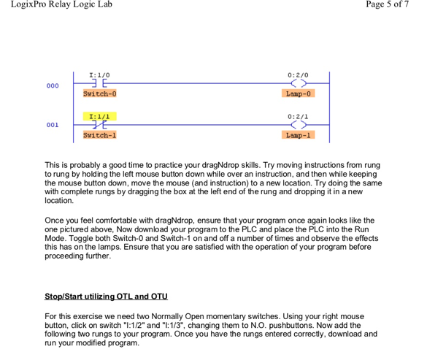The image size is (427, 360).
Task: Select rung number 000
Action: (53, 85)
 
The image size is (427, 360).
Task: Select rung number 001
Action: (53, 125)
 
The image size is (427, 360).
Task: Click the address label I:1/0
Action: (99, 74)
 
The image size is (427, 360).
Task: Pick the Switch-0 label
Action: (99, 93)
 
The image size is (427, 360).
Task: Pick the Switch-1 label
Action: (99, 135)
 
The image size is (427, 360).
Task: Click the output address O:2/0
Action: (298, 74)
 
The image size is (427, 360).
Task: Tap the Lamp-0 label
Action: (298, 93)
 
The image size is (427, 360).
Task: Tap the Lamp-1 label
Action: (298, 135)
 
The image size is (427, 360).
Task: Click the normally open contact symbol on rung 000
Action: (99, 84)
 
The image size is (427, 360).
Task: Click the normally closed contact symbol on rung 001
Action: (99, 125)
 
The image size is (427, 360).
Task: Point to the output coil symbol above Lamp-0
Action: (298, 84)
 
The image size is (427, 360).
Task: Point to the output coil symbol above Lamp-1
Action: (298, 125)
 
